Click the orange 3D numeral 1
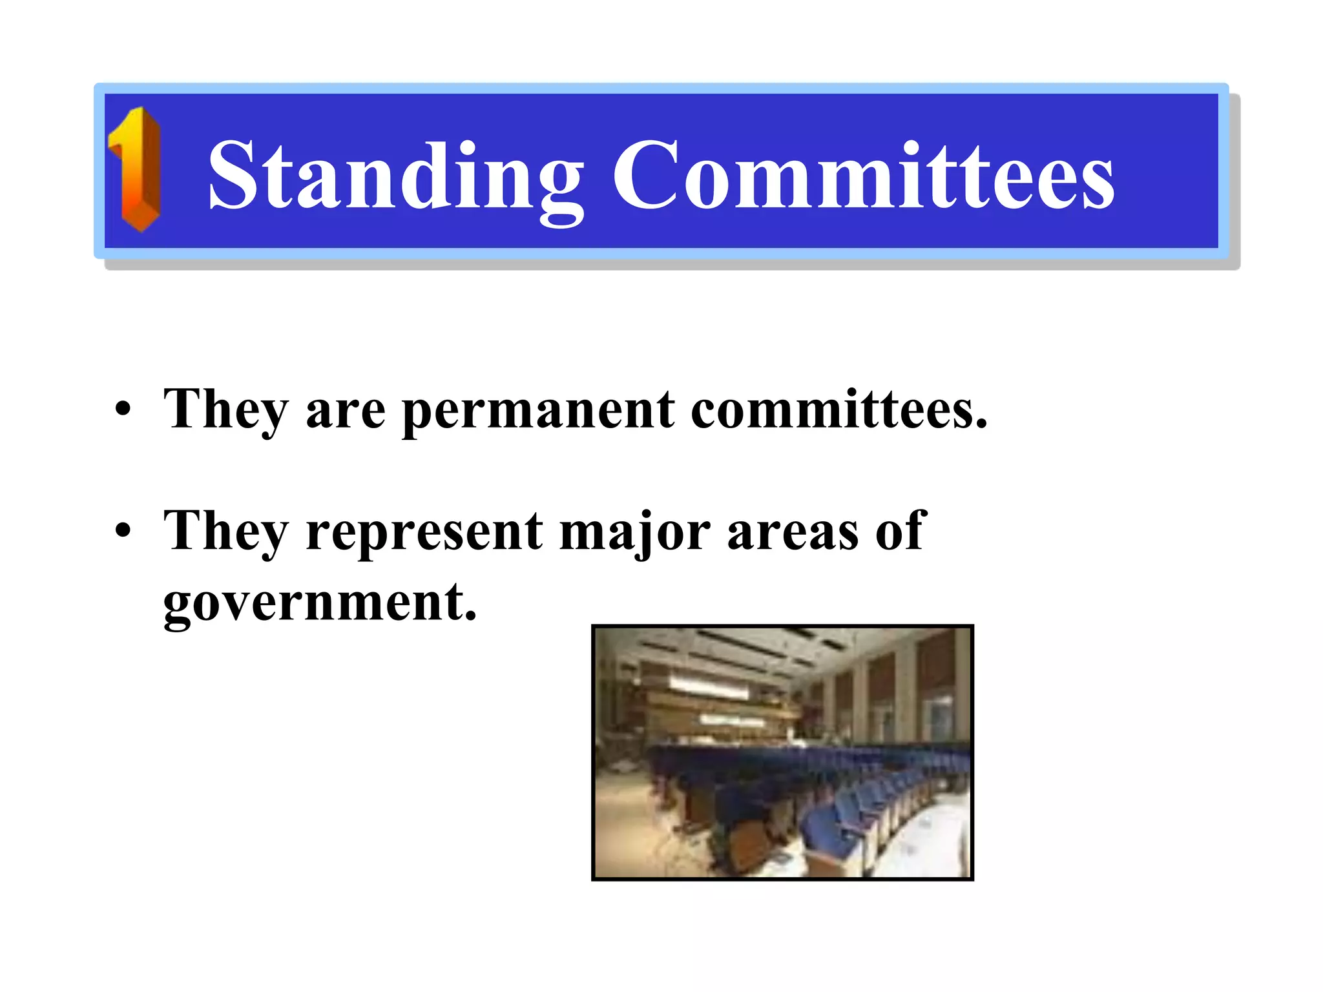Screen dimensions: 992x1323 136,170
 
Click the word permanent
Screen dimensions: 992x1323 538,411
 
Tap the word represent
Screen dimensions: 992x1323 424,532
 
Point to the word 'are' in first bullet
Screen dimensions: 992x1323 346,411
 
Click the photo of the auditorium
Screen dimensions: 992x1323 782,752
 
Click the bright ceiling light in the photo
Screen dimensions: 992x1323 707,685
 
